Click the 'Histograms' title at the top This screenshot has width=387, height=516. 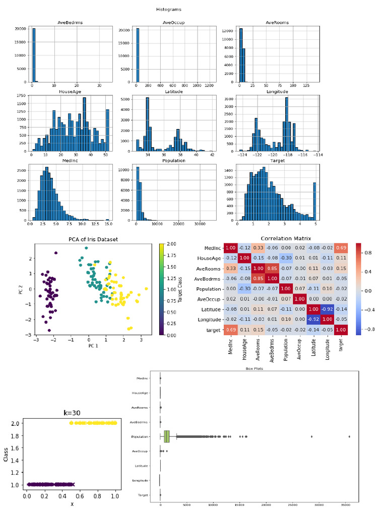point(168,9)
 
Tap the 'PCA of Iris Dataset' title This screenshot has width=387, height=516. point(93,239)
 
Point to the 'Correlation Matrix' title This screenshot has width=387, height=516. point(286,238)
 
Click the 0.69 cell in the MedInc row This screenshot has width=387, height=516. point(341,248)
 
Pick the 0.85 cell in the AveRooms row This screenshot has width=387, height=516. point(273,268)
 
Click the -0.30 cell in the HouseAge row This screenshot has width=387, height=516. point(286,258)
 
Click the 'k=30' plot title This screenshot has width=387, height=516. point(72,412)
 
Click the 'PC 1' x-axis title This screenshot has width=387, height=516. point(93,346)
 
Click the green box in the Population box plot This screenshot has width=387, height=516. point(167,436)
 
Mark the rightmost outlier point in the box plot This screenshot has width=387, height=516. point(349,436)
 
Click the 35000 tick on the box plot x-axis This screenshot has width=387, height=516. point(343,504)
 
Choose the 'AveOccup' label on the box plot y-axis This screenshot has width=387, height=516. point(139,451)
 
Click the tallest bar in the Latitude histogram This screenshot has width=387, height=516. point(148,123)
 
